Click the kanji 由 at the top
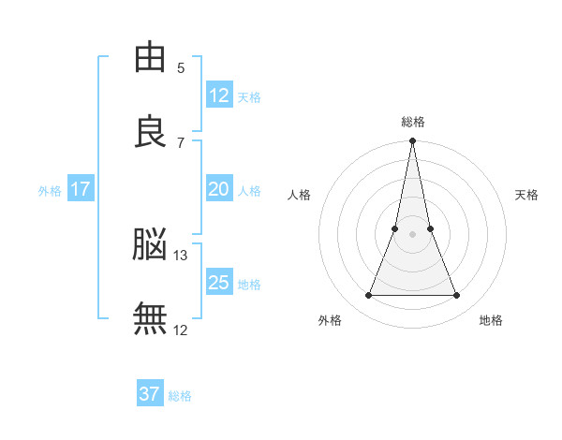pos(150,56)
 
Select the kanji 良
pos(150,131)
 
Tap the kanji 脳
pos(150,243)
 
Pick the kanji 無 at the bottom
pos(150,318)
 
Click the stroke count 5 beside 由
pos(181,68)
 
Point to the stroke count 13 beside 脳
pos(180,256)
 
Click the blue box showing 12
pos(219,95)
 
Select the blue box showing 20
pos(219,188)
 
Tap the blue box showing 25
pos(219,281)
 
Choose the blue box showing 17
pos(81,188)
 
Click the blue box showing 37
pos(150,392)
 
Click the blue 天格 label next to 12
pos(249,97)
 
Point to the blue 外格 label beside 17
pos(50,191)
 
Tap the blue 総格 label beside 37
pos(180,396)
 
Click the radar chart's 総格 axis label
pos(413,123)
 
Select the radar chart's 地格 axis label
pos(491,320)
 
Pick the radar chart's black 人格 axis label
pos(299,195)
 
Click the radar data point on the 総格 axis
pos(412,140)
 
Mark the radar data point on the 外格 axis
pos(368,295)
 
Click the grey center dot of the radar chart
pos(412,234)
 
